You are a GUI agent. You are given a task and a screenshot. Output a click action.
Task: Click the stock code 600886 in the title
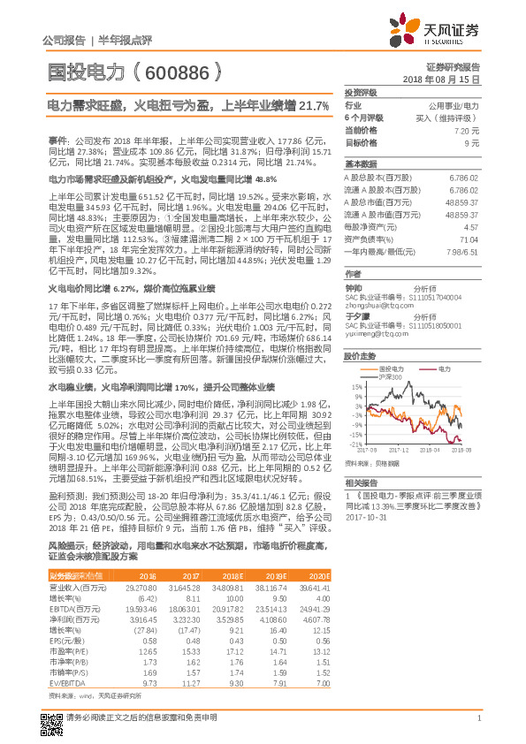(x=178, y=72)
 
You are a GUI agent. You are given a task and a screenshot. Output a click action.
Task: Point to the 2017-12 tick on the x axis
(x=398, y=450)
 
